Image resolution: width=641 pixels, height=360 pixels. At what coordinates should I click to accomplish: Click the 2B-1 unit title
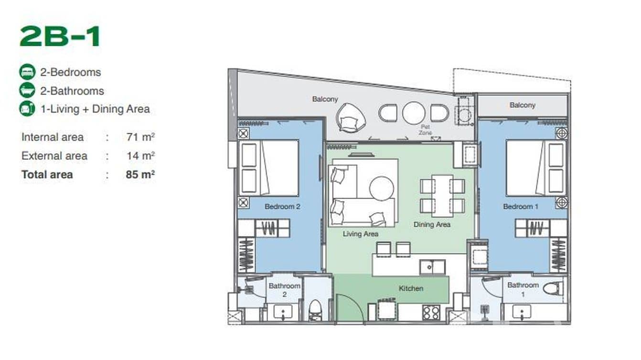point(60,37)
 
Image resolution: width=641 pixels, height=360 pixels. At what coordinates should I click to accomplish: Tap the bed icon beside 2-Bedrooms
point(27,72)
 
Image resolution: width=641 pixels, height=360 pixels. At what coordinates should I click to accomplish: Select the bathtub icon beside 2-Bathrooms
point(27,91)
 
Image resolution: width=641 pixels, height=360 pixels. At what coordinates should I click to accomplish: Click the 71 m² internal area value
point(140,137)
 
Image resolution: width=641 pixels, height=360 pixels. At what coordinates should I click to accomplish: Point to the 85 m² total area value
point(140,174)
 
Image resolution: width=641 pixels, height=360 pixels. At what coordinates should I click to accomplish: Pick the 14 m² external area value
point(140,156)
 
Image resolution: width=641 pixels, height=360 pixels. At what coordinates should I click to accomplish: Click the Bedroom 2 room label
point(282,207)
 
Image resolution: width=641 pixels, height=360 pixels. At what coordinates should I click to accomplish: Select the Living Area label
point(361,234)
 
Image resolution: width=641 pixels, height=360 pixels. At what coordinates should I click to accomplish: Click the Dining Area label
point(432,224)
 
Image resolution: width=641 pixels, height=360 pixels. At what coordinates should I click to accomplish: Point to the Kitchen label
point(411,288)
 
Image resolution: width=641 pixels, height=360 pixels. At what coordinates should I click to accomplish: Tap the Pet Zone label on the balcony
point(425,129)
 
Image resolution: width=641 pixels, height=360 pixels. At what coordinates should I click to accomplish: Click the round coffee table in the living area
point(382,188)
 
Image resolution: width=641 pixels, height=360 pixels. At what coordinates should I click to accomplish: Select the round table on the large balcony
point(414,113)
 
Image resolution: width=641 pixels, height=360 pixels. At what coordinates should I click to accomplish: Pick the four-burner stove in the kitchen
point(431,312)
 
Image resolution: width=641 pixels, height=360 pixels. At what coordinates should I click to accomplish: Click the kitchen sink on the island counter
point(432,267)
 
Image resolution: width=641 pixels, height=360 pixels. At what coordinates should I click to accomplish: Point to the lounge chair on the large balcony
point(351,116)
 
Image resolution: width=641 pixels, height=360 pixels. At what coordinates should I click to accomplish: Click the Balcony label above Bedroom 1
point(522,105)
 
